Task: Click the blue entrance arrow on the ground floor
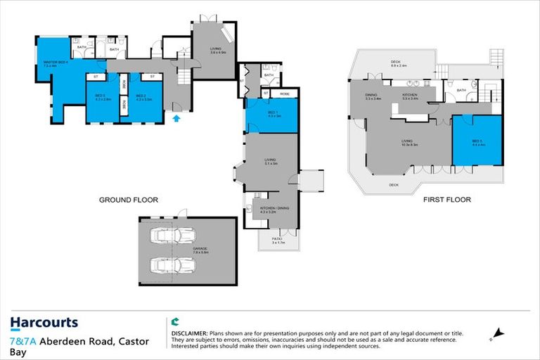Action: pos(176,118)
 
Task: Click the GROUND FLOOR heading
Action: pos(128,200)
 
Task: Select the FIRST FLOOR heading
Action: pos(446,200)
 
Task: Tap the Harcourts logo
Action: pos(44,323)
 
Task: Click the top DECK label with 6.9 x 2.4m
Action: pos(399,65)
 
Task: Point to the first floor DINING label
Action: pos(373,96)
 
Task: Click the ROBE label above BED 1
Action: pos(285,93)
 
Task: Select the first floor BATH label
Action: pos(461,90)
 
